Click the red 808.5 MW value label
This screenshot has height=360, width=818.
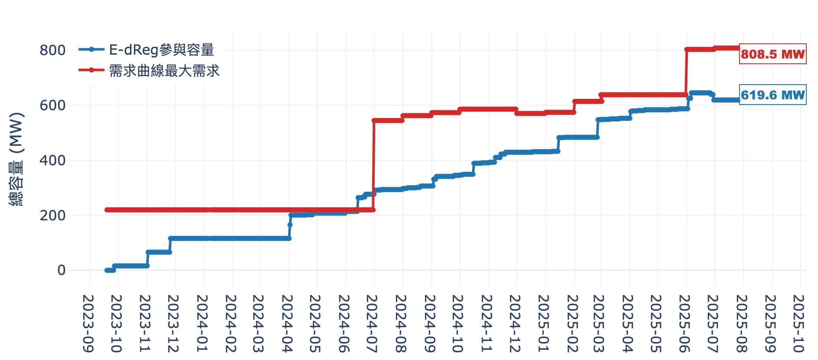[x=772, y=54]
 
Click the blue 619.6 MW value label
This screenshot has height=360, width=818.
[x=772, y=95]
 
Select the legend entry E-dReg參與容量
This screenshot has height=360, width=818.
[x=161, y=50]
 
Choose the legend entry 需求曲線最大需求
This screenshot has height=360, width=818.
[x=164, y=70]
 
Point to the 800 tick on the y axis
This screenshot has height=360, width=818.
[x=52, y=50]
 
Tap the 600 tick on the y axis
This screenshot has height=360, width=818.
[x=52, y=105]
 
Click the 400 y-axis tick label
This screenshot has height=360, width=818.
[x=52, y=160]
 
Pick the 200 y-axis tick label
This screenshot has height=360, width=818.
[x=52, y=216]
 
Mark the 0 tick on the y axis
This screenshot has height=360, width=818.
[x=61, y=270]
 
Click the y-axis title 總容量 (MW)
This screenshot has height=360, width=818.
[x=16, y=159]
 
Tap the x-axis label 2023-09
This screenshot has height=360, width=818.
[x=89, y=323]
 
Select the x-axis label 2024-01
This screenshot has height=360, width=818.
[x=203, y=323]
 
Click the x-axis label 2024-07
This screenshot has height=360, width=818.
[x=373, y=323]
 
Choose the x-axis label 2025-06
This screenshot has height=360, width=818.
[x=685, y=323]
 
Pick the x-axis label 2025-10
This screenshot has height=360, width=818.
[x=799, y=323]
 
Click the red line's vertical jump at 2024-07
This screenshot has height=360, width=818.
[x=373, y=165]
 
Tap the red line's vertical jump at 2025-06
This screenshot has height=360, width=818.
[x=686, y=72]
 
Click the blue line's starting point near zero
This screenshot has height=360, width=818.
[x=107, y=270]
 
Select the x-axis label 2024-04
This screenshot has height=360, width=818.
[x=288, y=323]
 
